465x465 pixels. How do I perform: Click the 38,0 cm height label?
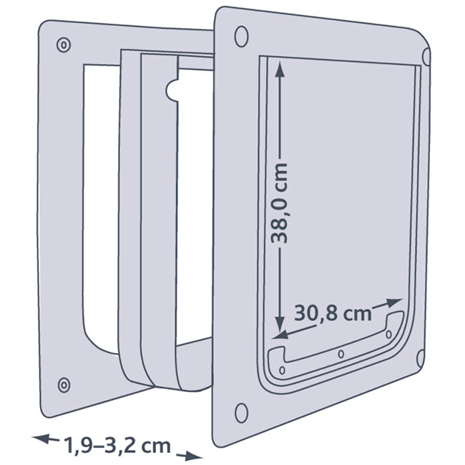pos(280,202)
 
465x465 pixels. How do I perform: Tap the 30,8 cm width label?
pos(333,313)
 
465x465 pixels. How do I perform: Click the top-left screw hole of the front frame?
pos(240,34)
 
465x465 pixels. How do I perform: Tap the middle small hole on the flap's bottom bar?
pos(341,354)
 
